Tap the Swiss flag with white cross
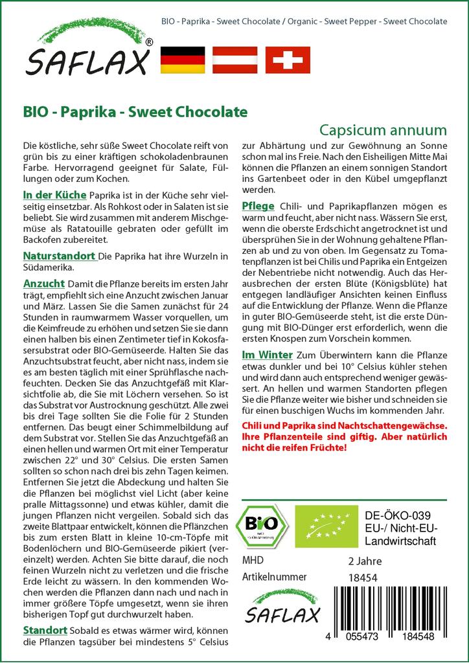[287, 60]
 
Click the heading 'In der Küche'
[54, 194]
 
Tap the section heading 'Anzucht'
[43, 283]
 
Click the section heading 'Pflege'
[258, 206]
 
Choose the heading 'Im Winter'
[267, 355]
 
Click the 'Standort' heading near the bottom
[45, 630]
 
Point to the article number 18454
[362, 577]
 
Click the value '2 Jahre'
[365, 561]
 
